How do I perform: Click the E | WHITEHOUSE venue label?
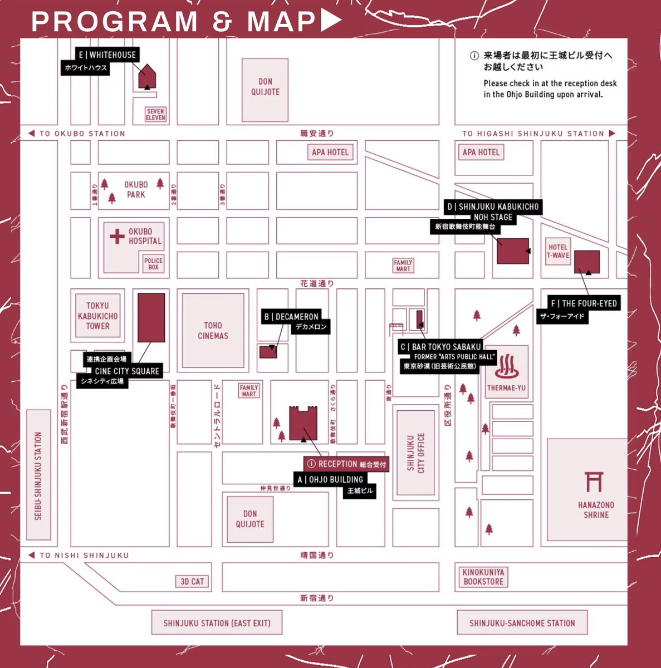(x=107, y=55)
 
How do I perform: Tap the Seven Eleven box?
(x=155, y=115)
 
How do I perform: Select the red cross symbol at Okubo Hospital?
(x=117, y=237)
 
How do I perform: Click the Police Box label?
(x=153, y=264)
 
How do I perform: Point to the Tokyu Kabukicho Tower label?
(x=97, y=316)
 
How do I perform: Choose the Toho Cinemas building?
(x=213, y=330)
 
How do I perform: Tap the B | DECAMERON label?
(x=291, y=317)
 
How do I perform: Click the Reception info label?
(x=346, y=464)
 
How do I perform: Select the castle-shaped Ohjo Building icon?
(x=303, y=423)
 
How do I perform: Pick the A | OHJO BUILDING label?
(x=330, y=479)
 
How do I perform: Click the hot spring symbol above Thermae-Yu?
(x=506, y=366)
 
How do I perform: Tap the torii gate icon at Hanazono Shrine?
(x=594, y=482)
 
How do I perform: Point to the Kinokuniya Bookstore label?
(x=483, y=577)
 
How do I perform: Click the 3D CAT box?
(x=192, y=581)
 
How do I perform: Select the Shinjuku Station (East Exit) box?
(x=217, y=623)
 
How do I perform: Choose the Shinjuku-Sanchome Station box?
(x=522, y=623)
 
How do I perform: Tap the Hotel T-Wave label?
(x=557, y=252)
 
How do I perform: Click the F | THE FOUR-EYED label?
(x=584, y=303)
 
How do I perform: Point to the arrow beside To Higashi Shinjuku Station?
(x=612, y=134)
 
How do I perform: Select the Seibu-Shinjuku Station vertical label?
(x=38, y=475)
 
